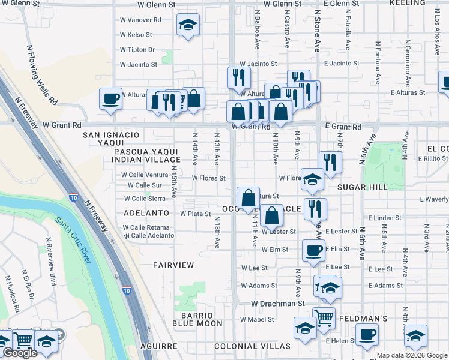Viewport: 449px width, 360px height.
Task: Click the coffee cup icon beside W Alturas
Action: (110, 99)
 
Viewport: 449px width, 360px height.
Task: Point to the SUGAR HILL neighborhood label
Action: (362, 188)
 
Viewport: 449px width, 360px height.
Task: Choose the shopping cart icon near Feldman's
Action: (324, 317)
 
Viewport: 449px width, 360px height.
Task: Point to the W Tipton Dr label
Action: (137, 50)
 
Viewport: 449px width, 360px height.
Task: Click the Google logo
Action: (20, 353)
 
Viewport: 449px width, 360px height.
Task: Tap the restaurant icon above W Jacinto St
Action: (238, 77)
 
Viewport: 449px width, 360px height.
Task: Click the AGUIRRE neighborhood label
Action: (159, 346)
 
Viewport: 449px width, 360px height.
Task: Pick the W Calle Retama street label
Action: (146, 227)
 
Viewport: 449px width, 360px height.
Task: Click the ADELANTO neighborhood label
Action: (146, 213)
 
